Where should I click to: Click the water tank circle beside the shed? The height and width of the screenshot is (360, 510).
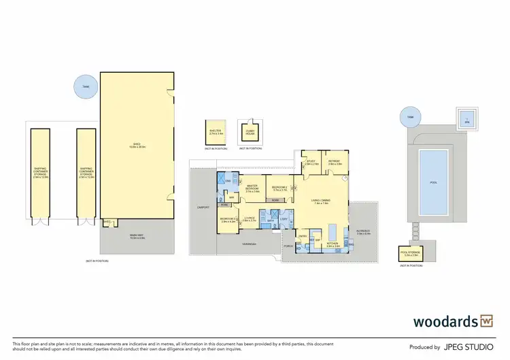(86, 85)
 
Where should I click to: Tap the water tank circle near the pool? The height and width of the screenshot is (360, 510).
(410, 116)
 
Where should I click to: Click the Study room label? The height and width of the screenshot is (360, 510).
(311, 163)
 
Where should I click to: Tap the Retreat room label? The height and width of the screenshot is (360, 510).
(334, 163)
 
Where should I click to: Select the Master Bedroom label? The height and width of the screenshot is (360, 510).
(252, 189)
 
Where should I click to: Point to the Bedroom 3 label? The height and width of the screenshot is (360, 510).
(226, 219)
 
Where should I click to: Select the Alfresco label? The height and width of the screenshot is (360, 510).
(362, 232)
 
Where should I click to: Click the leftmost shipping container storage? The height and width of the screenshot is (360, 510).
(40, 174)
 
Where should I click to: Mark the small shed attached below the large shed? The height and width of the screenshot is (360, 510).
(107, 222)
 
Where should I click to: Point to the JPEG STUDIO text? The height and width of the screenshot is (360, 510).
(469, 347)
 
